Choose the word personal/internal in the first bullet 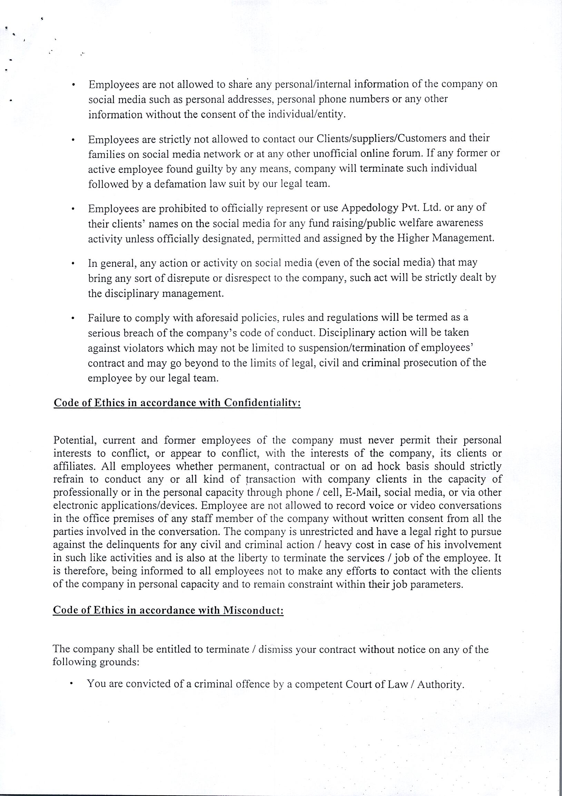point(313,84)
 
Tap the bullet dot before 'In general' point(73,263)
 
